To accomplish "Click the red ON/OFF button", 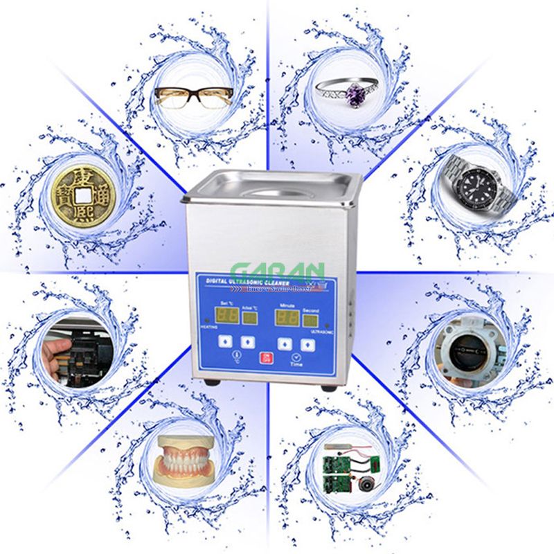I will point(266,358).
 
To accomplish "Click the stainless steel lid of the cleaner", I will point(273,186).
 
